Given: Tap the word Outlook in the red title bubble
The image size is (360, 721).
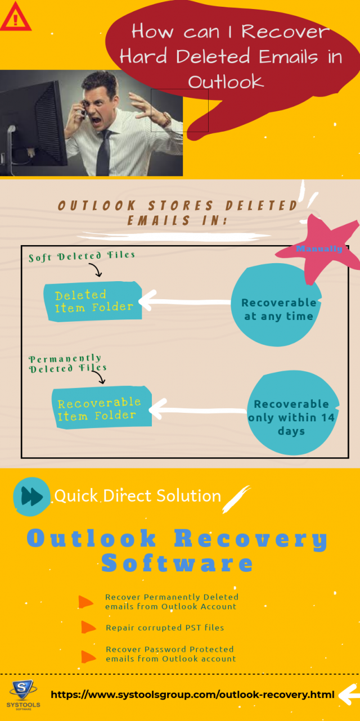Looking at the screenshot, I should click(x=226, y=82).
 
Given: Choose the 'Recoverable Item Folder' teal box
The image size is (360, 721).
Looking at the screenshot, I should click(x=100, y=408).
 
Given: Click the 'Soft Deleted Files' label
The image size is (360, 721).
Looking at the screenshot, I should click(x=82, y=256).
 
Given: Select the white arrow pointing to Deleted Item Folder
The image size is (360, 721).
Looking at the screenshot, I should click(x=186, y=301).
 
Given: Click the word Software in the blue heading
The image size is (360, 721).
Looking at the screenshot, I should click(x=177, y=563).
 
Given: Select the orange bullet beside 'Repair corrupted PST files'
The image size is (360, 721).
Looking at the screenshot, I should click(x=89, y=627).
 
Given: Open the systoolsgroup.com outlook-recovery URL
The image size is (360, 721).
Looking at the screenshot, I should click(x=192, y=695).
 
